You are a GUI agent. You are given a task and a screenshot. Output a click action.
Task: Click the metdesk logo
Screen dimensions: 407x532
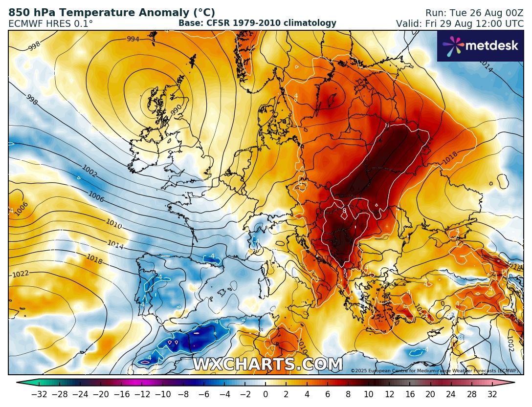480,46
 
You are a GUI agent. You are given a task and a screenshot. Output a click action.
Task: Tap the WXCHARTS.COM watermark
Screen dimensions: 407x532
267,364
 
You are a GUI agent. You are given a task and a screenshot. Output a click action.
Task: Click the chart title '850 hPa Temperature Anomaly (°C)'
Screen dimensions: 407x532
111,13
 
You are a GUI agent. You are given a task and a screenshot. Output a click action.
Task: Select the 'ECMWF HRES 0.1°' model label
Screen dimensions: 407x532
51,23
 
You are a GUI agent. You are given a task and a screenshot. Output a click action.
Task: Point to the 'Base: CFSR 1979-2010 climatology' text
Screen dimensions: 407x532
257,23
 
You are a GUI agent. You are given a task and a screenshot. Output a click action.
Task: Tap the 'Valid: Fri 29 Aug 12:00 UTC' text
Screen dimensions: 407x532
460,23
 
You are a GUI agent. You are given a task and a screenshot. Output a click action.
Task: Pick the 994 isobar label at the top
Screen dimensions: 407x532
133,39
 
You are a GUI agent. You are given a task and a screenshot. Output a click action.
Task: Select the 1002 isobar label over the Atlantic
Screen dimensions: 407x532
89,171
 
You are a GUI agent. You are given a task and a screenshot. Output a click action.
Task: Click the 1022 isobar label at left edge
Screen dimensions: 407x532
20,274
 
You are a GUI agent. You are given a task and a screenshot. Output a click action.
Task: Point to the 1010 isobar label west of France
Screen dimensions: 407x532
113,224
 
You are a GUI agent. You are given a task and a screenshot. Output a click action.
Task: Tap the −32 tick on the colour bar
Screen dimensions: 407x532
39,394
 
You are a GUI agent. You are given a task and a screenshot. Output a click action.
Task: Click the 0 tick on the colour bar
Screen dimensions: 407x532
266,394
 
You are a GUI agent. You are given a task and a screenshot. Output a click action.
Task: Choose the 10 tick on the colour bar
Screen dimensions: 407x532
368,394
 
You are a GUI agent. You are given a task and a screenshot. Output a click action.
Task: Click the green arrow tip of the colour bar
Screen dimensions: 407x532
20,383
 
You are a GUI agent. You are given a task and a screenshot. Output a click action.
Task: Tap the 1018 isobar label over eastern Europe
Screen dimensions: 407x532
450,159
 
